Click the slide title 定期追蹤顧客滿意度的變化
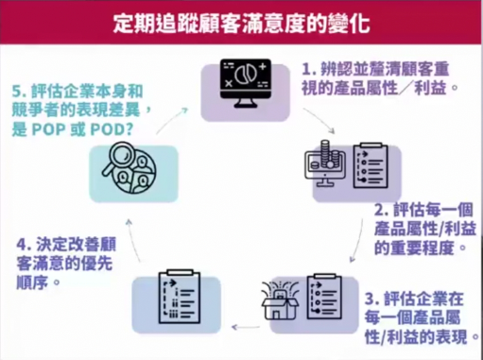tap(241, 23)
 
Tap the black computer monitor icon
tap(246, 83)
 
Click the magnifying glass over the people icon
tap(129, 167)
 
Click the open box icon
tap(280, 300)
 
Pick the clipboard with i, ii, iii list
tap(180, 296)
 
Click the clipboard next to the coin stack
tap(371, 165)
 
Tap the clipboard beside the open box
tap(324, 296)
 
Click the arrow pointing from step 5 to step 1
tap(172, 120)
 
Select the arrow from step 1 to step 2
tap(319, 120)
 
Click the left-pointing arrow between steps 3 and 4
tap(246, 328)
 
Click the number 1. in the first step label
tap(309, 69)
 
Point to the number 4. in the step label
tap(24, 245)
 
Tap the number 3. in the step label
tap(371, 299)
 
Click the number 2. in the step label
tap(381, 210)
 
